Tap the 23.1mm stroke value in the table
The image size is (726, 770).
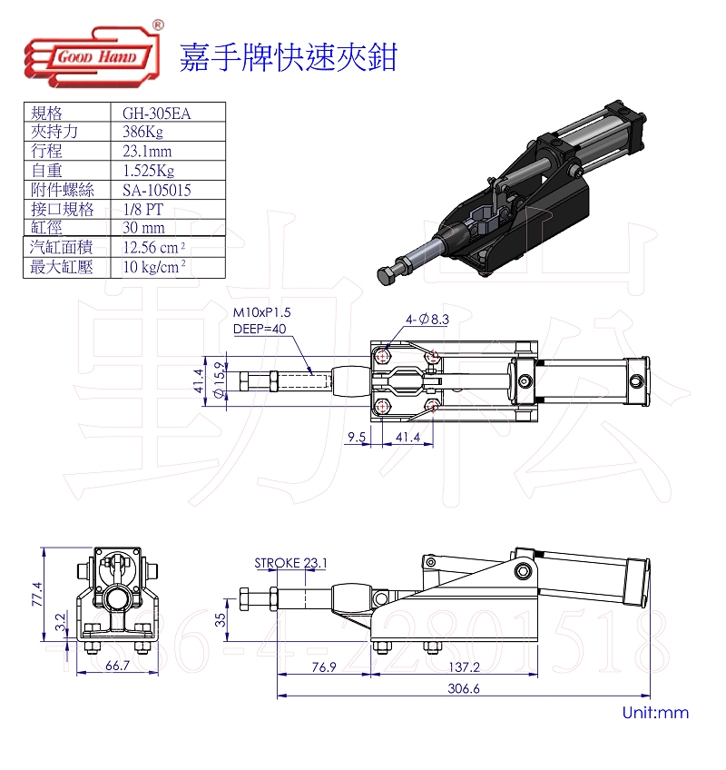147,152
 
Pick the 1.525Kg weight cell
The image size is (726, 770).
149,171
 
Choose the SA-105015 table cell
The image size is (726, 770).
157,190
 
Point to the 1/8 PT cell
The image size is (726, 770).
142,209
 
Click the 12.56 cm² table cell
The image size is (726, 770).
154,247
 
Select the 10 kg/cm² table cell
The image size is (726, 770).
154,267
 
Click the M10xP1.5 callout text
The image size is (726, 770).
262,313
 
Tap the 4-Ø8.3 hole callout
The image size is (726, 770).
427,319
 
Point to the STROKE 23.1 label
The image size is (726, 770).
291,563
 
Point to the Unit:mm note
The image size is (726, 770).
655,714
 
